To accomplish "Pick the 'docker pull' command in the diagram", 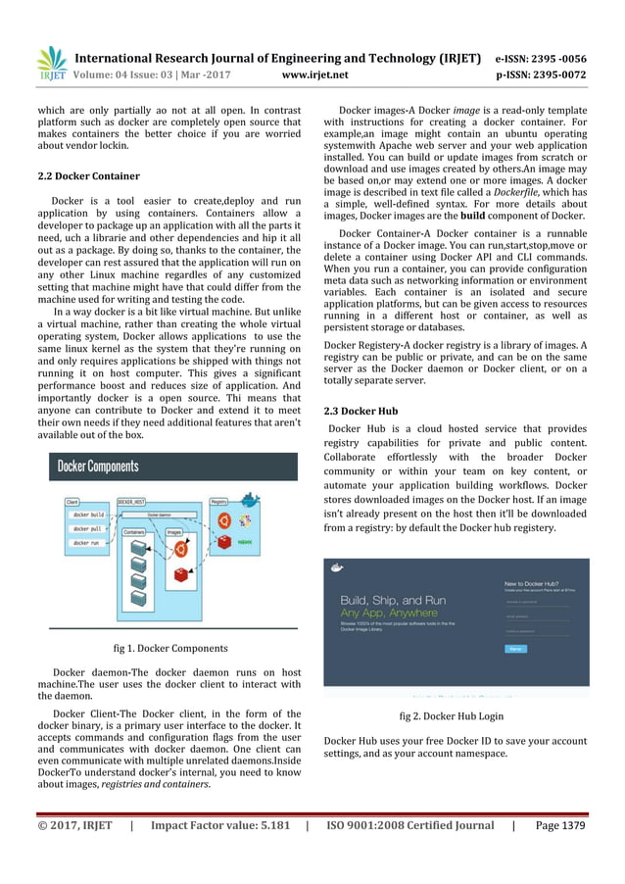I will (88, 528).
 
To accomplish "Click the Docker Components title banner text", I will (98, 467).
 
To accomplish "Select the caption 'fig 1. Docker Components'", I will (171, 648).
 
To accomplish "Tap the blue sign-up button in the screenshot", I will (515, 649).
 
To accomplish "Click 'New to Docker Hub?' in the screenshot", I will (534, 583).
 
